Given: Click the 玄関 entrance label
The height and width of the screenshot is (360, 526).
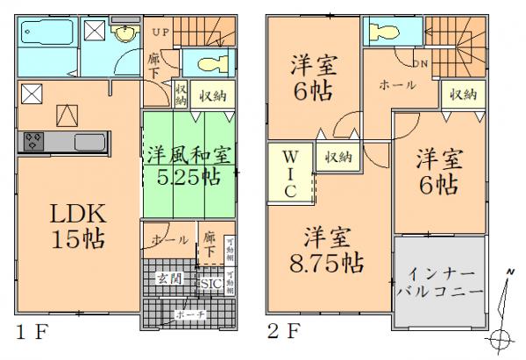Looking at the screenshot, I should (x=169, y=279).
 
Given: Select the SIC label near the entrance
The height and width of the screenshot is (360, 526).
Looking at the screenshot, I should (x=210, y=283).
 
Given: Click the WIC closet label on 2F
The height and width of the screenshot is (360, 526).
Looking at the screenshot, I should (x=288, y=173).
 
